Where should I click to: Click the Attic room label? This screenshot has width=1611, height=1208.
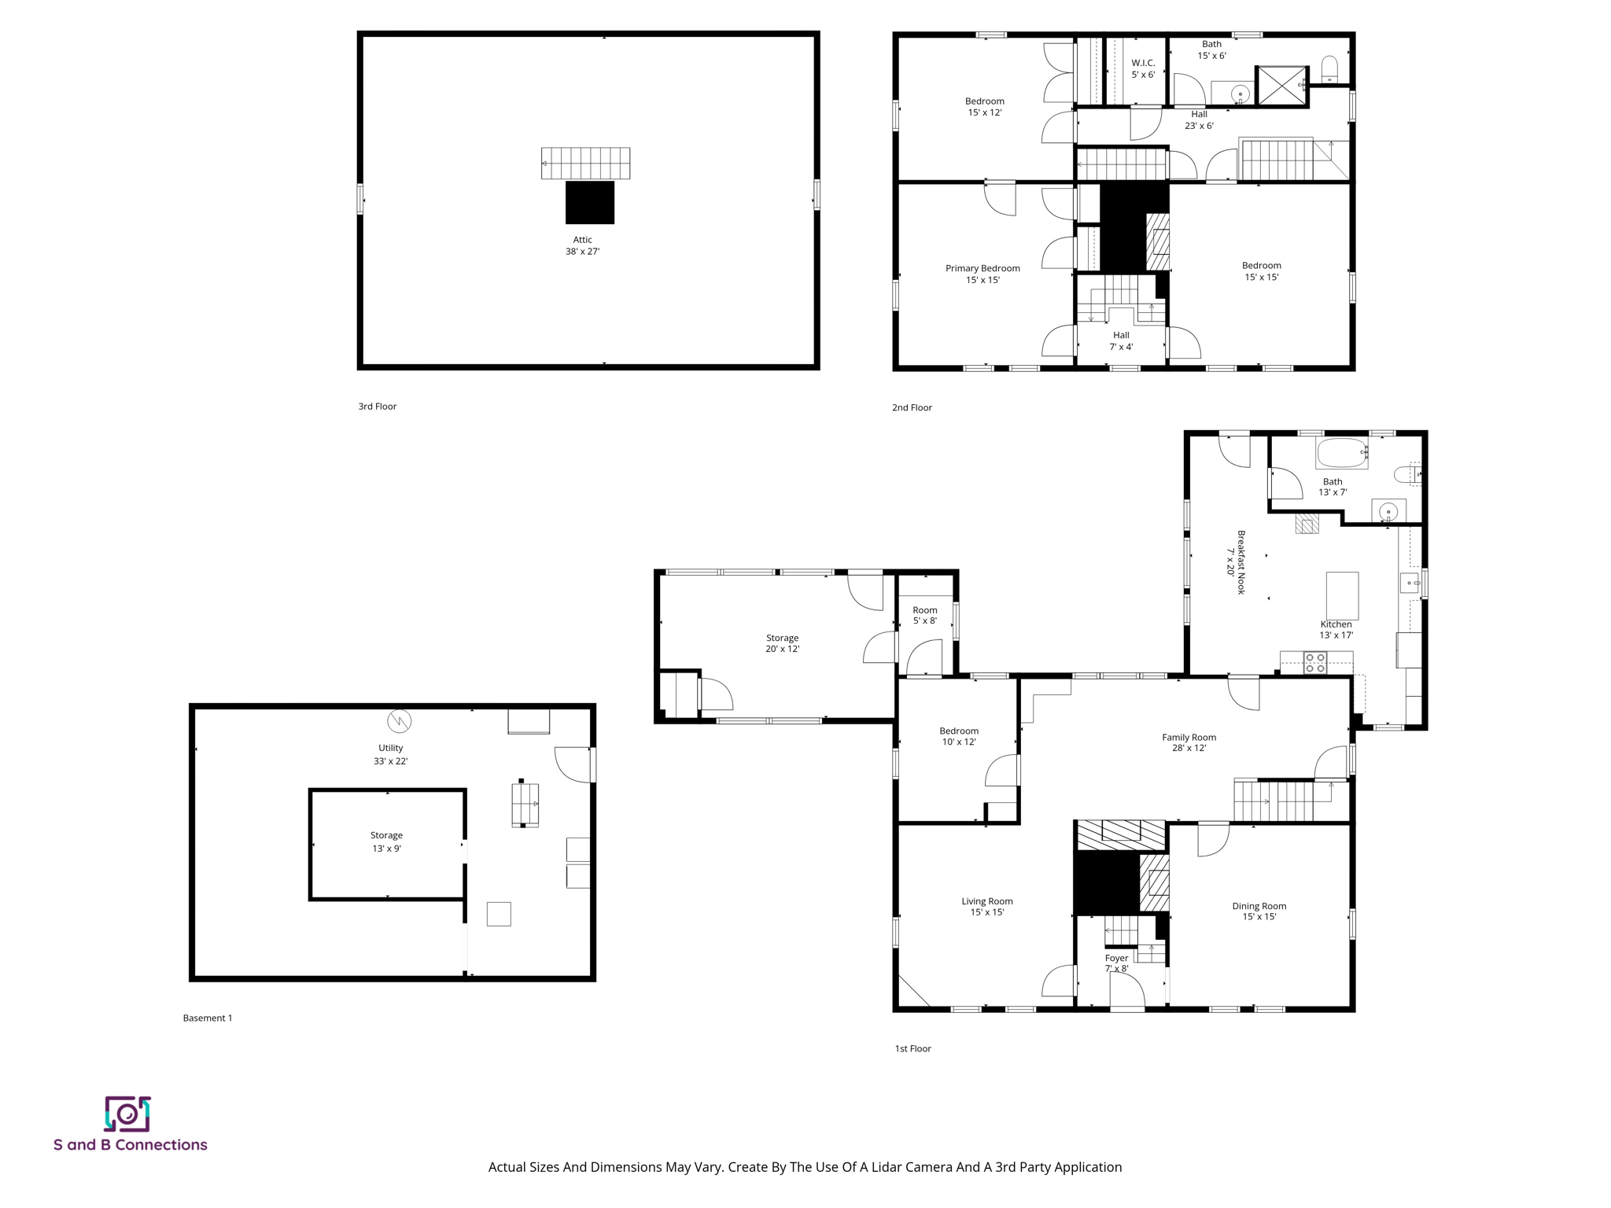(x=582, y=240)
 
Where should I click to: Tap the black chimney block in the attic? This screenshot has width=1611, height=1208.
(x=590, y=202)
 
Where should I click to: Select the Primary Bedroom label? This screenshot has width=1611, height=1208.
(x=982, y=268)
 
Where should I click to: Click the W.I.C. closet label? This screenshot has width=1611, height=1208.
(x=1143, y=63)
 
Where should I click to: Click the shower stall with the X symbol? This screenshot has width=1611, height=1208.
(x=1281, y=86)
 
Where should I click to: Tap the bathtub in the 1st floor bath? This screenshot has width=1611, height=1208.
(x=1342, y=453)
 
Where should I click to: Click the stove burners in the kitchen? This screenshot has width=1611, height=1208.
(x=1315, y=663)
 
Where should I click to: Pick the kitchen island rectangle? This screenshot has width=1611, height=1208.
(x=1342, y=595)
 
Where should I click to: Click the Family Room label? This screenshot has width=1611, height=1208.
(x=1189, y=737)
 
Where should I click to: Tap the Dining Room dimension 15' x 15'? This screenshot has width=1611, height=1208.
(x=1259, y=917)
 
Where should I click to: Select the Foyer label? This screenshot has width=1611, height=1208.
(x=1116, y=958)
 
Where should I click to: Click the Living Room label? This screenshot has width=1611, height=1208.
(x=986, y=901)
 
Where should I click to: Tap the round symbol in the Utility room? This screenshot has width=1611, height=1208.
(x=400, y=720)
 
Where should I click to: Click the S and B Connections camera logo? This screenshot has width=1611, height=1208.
(x=127, y=1114)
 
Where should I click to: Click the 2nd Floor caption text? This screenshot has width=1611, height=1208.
(x=912, y=407)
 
